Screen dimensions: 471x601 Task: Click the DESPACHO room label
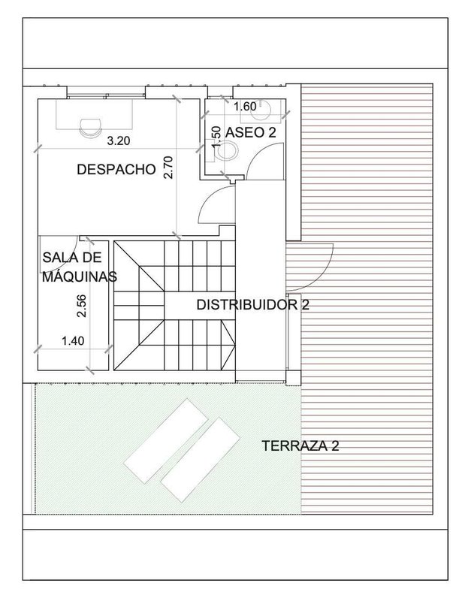(x=116, y=170)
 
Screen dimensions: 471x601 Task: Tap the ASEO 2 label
(x=251, y=133)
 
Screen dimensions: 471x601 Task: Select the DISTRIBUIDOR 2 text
(x=252, y=305)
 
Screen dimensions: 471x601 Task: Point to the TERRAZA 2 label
(x=300, y=446)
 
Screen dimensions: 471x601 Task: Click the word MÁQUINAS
(x=80, y=276)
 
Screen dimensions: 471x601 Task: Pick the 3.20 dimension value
(x=119, y=141)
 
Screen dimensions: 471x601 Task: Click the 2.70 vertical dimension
(x=168, y=167)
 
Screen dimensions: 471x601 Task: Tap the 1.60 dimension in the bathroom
(x=245, y=107)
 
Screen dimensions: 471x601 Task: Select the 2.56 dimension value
(x=81, y=306)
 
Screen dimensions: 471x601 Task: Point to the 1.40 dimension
(x=73, y=341)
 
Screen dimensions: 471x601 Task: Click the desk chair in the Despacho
(x=90, y=128)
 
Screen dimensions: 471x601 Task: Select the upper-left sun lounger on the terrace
(x=166, y=441)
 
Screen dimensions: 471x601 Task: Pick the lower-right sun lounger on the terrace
(x=200, y=460)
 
